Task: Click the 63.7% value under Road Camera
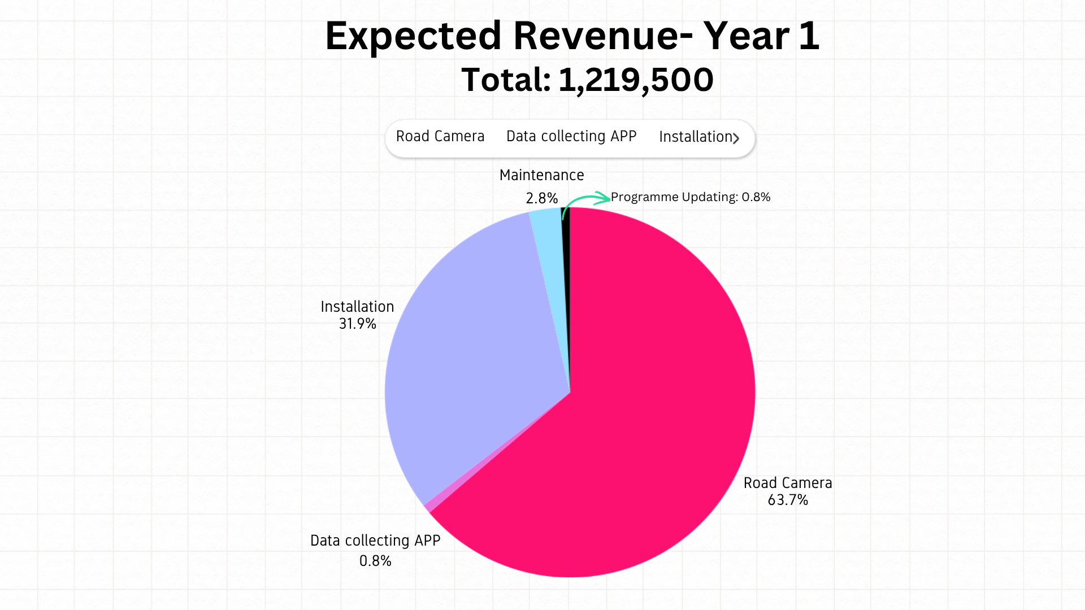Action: pyautogui.click(x=788, y=500)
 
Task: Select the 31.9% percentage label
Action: pyautogui.click(x=357, y=324)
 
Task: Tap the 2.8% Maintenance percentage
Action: pyautogui.click(x=541, y=198)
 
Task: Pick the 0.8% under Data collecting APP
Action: pyautogui.click(x=375, y=561)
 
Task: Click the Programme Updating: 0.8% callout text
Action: pyautogui.click(x=691, y=197)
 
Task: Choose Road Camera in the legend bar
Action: pyautogui.click(x=440, y=136)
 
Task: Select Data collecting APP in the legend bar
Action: pyautogui.click(x=571, y=136)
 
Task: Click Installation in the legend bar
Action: pyautogui.click(x=696, y=137)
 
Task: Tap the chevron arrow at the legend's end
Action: pyautogui.click(x=736, y=138)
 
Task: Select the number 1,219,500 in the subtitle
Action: pyautogui.click(x=636, y=80)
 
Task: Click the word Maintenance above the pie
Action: pyautogui.click(x=541, y=175)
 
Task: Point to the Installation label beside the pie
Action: pyautogui.click(x=357, y=307)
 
